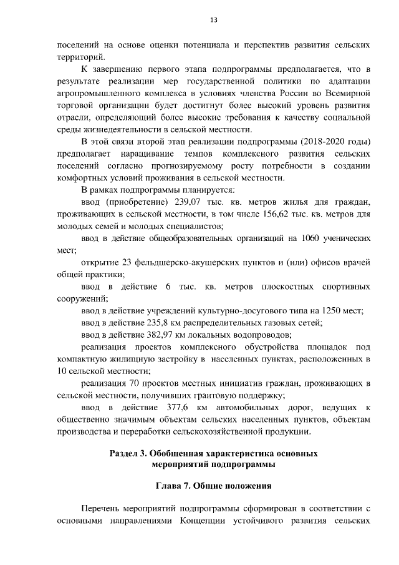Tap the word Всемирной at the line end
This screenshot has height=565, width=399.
click(x=350, y=92)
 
